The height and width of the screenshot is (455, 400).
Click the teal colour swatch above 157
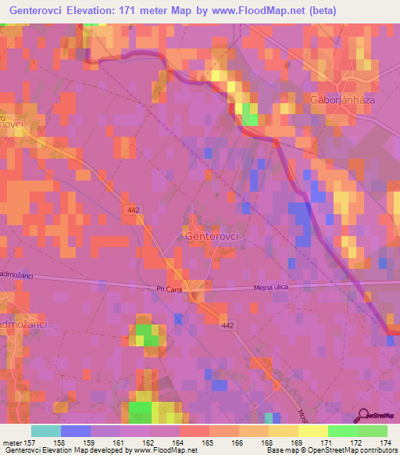[x=45, y=431]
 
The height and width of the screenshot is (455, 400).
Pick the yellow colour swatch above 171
[x=312, y=431]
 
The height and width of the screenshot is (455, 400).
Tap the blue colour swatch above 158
[x=75, y=431]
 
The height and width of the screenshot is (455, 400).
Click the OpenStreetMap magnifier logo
[x=363, y=415]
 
